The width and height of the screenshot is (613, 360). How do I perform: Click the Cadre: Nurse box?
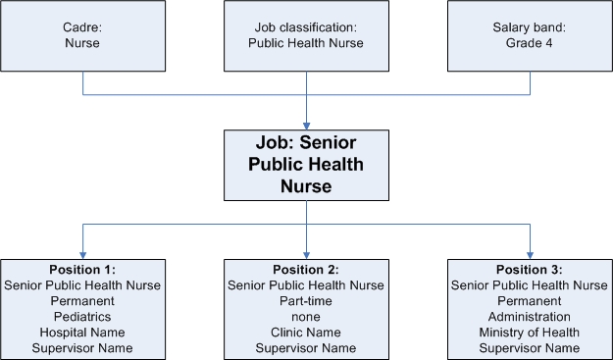pyautogui.click(x=82, y=35)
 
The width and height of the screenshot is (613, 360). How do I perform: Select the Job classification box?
pyautogui.click(x=306, y=35)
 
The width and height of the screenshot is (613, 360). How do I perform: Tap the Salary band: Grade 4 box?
pyautogui.click(x=530, y=35)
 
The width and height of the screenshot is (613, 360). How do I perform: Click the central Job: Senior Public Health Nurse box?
pyautogui.click(x=306, y=165)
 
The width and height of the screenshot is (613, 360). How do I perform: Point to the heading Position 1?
pyautogui.click(x=82, y=270)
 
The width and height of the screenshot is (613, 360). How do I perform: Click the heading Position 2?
pyautogui.click(x=306, y=270)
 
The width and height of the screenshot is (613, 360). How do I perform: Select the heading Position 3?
pyautogui.click(x=530, y=270)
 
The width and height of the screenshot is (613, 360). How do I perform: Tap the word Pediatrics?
pyautogui.click(x=82, y=317)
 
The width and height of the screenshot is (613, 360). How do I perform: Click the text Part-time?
pyautogui.click(x=306, y=301)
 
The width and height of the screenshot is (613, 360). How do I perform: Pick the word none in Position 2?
pyautogui.click(x=306, y=317)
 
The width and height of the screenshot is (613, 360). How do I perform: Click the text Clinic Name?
pyautogui.click(x=306, y=333)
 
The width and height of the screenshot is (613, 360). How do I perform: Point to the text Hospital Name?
pyautogui.click(x=82, y=333)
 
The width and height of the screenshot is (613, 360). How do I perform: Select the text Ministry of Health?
pyautogui.click(x=530, y=333)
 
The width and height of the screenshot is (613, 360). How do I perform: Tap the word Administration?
pyautogui.click(x=530, y=317)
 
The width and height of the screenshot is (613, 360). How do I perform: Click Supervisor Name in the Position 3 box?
pyautogui.click(x=530, y=348)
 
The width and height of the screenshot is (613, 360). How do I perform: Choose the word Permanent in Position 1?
pyautogui.click(x=82, y=301)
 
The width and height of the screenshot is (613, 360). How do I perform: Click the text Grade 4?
pyautogui.click(x=530, y=43)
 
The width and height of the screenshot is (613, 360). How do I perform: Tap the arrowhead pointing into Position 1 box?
pyautogui.click(x=82, y=254)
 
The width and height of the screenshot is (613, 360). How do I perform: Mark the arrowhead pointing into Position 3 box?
pyautogui.click(x=530, y=254)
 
